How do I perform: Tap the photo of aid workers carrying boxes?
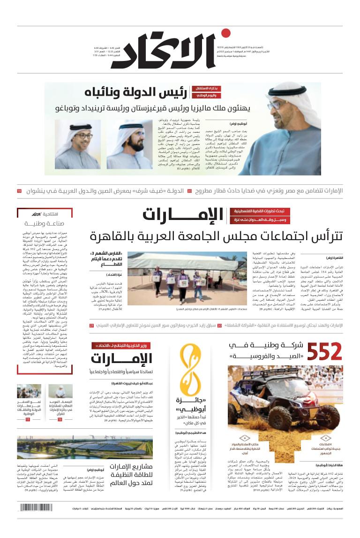(182, 278)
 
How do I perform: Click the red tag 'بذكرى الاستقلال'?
(205, 88)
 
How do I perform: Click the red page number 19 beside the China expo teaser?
(19, 191)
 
